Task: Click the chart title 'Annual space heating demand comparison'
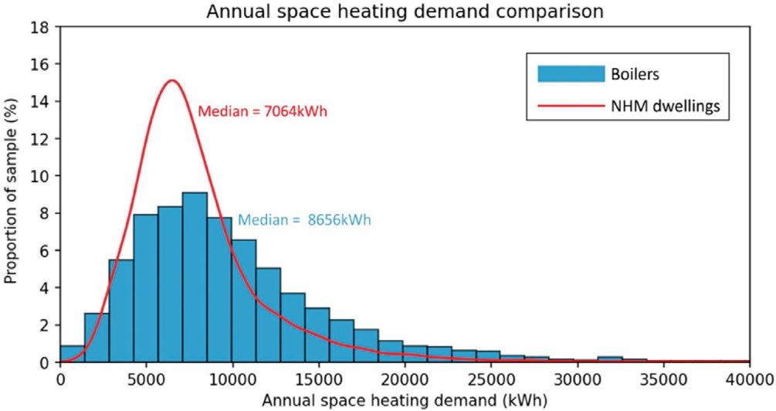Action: point(405,11)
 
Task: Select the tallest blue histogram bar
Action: point(195,277)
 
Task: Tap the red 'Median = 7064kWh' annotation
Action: point(263,111)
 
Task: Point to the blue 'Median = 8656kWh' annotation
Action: point(304,219)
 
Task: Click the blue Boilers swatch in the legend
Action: point(571,74)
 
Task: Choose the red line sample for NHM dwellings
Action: point(571,106)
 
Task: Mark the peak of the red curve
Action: point(171,80)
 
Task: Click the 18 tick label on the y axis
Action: point(42,27)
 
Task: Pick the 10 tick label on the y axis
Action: point(42,176)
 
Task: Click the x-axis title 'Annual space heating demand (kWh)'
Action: point(405,400)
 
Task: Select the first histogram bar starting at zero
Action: point(73,354)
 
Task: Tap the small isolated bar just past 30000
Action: point(610,359)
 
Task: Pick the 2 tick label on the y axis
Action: point(46,325)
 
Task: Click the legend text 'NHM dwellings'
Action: point(665,106)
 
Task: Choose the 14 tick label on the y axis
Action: point(42,101)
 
